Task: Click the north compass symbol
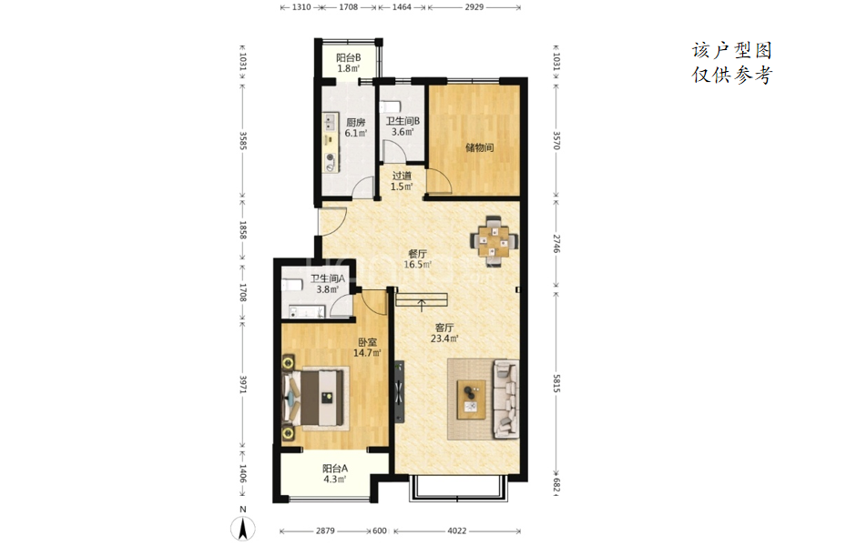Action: [x=243, y=528]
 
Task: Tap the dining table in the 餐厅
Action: [x=494, y=240]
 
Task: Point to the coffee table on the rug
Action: [x=471, y=399]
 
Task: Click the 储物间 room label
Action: [x=479, y=147]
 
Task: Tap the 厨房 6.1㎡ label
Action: [x=355, y=127]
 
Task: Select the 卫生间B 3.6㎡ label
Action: [x=403, y=126]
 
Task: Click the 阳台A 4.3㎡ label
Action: [x=335, y=474]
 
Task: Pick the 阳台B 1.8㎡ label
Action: [x=349, y=63]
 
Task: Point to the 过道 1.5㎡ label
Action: [x=402, y=181]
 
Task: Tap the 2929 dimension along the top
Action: [x=474, y=7]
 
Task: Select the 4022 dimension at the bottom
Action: [x=457, y=531]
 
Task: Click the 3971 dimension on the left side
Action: [x=243, y=384]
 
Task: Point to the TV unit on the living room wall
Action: [x=399, y=391]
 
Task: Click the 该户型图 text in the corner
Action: [x=732, y=50]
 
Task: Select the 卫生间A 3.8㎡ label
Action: [x=328, y=284]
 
